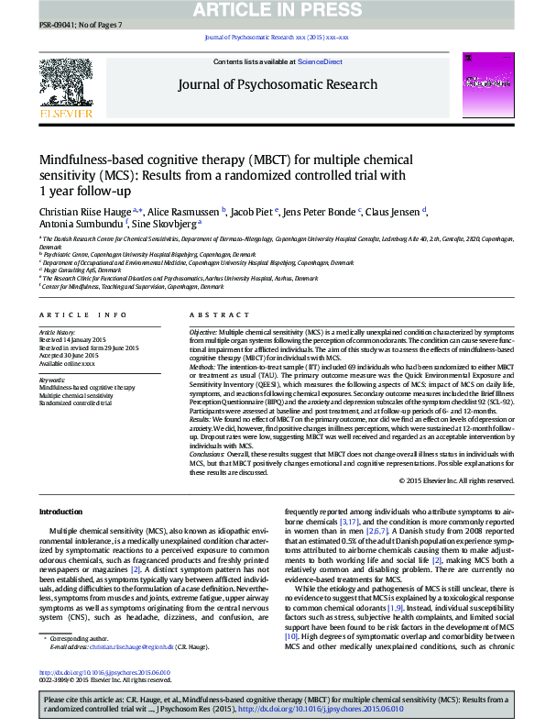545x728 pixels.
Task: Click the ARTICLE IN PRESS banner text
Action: pyautogui.click(x=272, y=9)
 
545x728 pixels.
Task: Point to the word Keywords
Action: pyautogui.click(x=52, y=380)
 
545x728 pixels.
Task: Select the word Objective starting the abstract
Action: pyautogui.click(x=203, y=329)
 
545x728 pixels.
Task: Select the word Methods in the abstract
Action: pyautogui.click(x=203, y=365)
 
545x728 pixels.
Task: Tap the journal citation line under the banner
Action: pyautogui.click(x=272, y=39)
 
